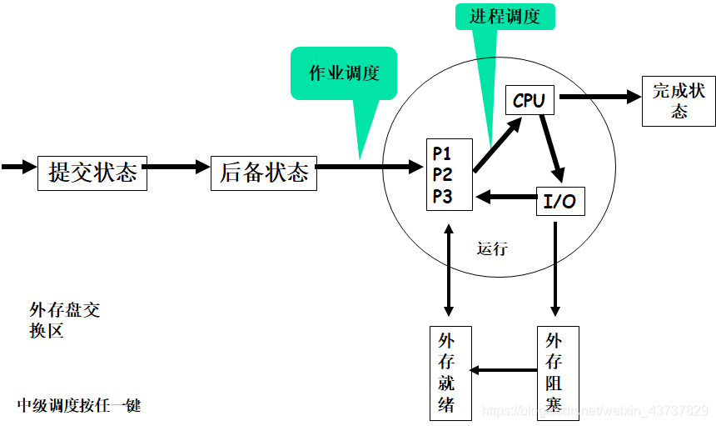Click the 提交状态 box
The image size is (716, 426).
pos(92,173)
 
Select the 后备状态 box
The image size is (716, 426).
pos(264,173)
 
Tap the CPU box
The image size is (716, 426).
pos(530,100)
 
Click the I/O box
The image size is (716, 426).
pos(560,201)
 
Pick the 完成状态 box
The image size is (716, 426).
pos(679,101)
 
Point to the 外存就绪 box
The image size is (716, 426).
pos(450,373)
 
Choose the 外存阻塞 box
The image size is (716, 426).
pos(558,373)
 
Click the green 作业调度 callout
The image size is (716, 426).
pos(344,73)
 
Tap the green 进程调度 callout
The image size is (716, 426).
pos(505,17)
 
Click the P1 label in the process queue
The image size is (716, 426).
pos(441,153)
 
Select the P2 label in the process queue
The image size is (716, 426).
pos(442,174)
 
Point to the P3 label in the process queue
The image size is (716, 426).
pos(442,197)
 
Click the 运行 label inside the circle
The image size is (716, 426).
pos(492,248)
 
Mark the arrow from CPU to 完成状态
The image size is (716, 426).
pos(600,97)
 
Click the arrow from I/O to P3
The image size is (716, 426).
pos(507,197)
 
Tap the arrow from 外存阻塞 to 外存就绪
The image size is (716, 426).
pos(504,370)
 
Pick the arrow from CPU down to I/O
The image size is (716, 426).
pos(552,148)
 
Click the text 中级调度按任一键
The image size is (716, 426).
pos(79,405)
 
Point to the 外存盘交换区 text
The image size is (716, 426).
pos(64,320)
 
